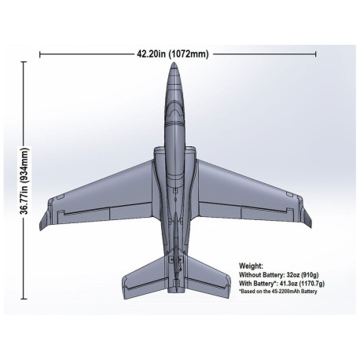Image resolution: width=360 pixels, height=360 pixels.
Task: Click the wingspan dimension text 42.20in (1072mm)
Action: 173,54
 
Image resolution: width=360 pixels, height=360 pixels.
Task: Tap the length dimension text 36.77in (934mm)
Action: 24,181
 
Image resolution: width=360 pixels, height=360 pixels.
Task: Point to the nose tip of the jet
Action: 174,63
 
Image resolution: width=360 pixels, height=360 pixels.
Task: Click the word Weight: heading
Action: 251,266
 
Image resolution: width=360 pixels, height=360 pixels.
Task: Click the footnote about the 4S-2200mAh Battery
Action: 278,292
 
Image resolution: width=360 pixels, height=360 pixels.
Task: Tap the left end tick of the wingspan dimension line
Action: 40,54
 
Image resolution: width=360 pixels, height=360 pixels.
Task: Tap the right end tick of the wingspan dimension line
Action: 316,54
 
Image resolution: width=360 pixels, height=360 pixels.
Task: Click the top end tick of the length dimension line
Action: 24,62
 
